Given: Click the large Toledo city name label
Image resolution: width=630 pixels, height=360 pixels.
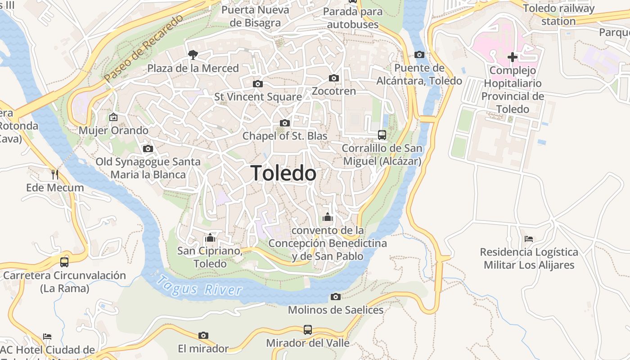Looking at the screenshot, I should [283, 173].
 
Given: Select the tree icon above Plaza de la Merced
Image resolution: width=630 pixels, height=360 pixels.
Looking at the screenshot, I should [193, 55].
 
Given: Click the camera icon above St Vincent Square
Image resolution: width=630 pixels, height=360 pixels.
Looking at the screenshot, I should [258, 84].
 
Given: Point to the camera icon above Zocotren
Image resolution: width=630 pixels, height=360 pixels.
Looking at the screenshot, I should [334, 78].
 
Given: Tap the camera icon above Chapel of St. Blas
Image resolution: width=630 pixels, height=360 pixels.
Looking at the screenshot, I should [285, 123].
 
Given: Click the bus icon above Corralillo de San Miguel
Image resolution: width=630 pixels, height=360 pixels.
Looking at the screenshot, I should [382, 135].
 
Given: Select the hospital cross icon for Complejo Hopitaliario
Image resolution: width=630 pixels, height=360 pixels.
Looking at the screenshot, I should [512, 57].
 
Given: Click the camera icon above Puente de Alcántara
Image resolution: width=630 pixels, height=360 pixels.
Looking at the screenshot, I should [419, 54].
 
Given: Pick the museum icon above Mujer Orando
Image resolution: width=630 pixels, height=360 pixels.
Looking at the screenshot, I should [113, 117].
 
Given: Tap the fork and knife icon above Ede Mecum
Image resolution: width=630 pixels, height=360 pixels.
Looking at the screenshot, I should [55, 174].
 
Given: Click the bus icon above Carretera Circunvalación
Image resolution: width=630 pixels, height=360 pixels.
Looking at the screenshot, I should [64, 262].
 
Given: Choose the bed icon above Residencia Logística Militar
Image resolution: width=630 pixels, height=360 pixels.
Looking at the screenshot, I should [529, 238].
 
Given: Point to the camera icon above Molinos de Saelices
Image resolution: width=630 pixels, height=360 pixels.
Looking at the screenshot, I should [336, 297].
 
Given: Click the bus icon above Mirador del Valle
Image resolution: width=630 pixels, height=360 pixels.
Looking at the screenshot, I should [308, 329].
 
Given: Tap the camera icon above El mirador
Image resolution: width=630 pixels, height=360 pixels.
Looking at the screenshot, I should [203, 335].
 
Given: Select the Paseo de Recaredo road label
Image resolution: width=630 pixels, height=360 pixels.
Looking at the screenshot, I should [144, 48].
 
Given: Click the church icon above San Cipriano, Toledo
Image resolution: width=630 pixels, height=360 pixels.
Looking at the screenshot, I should [210, 238].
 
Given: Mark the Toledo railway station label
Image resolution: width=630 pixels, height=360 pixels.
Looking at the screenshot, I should [558, 14].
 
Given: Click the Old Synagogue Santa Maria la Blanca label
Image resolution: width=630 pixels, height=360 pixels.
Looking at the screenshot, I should [148, 168].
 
